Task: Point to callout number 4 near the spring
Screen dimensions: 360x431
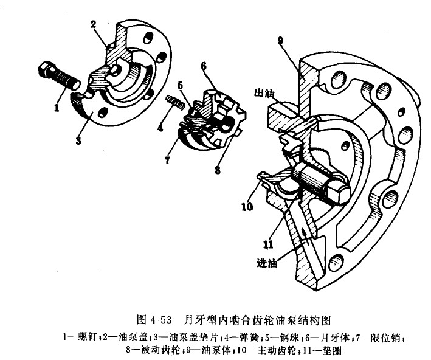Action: point(160,128)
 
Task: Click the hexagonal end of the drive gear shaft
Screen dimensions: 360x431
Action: point(338,193)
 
